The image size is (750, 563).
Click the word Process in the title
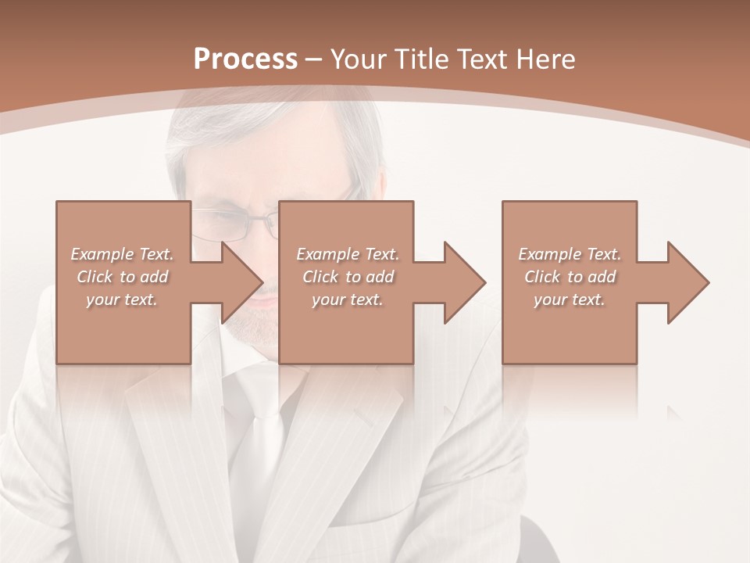coord(245,59)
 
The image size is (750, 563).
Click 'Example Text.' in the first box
coord(123,254)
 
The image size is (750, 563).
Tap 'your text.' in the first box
coord(123,299)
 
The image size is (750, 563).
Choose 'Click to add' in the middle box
coord(348,277)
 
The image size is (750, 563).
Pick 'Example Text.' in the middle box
coord(348,254)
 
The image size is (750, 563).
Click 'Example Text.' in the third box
coord(570,254)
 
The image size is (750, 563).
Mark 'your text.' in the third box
coord(570,299)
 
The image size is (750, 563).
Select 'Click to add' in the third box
coord(570,277)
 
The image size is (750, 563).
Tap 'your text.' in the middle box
coord(348,299)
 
